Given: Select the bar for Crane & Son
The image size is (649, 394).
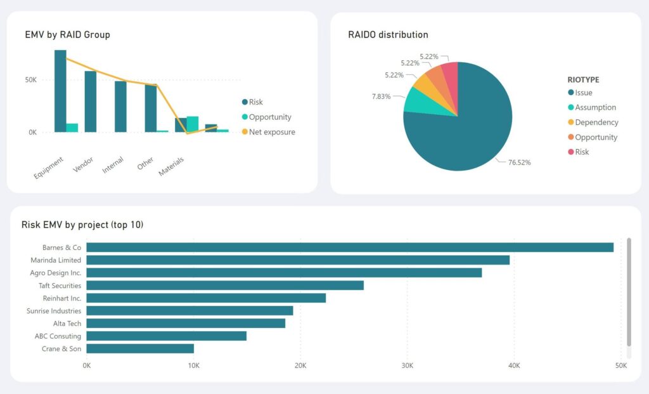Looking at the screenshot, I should coord(140,348).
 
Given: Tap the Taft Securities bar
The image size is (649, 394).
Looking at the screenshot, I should coord(225,286).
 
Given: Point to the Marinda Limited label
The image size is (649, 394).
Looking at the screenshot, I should coord(56,260).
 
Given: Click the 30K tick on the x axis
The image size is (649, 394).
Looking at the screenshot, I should coord(407,366).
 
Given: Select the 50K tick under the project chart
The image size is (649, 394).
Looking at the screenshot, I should coord(620,366).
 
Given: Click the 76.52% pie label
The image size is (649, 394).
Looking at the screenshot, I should coord(519,162).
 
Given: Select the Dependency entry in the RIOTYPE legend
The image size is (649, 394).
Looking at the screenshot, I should coord(596,122).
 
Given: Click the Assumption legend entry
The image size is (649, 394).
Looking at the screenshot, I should coord(595,108).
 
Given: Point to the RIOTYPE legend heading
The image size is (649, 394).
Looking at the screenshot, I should coord(583,80).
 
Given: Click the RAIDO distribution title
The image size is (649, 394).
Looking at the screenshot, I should coord(388,35).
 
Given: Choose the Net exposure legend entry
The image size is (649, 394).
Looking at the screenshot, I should coord(272,132).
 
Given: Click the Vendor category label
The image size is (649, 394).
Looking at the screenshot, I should coord(83,165).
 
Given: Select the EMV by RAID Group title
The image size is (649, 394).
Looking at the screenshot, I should coord(67,35).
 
